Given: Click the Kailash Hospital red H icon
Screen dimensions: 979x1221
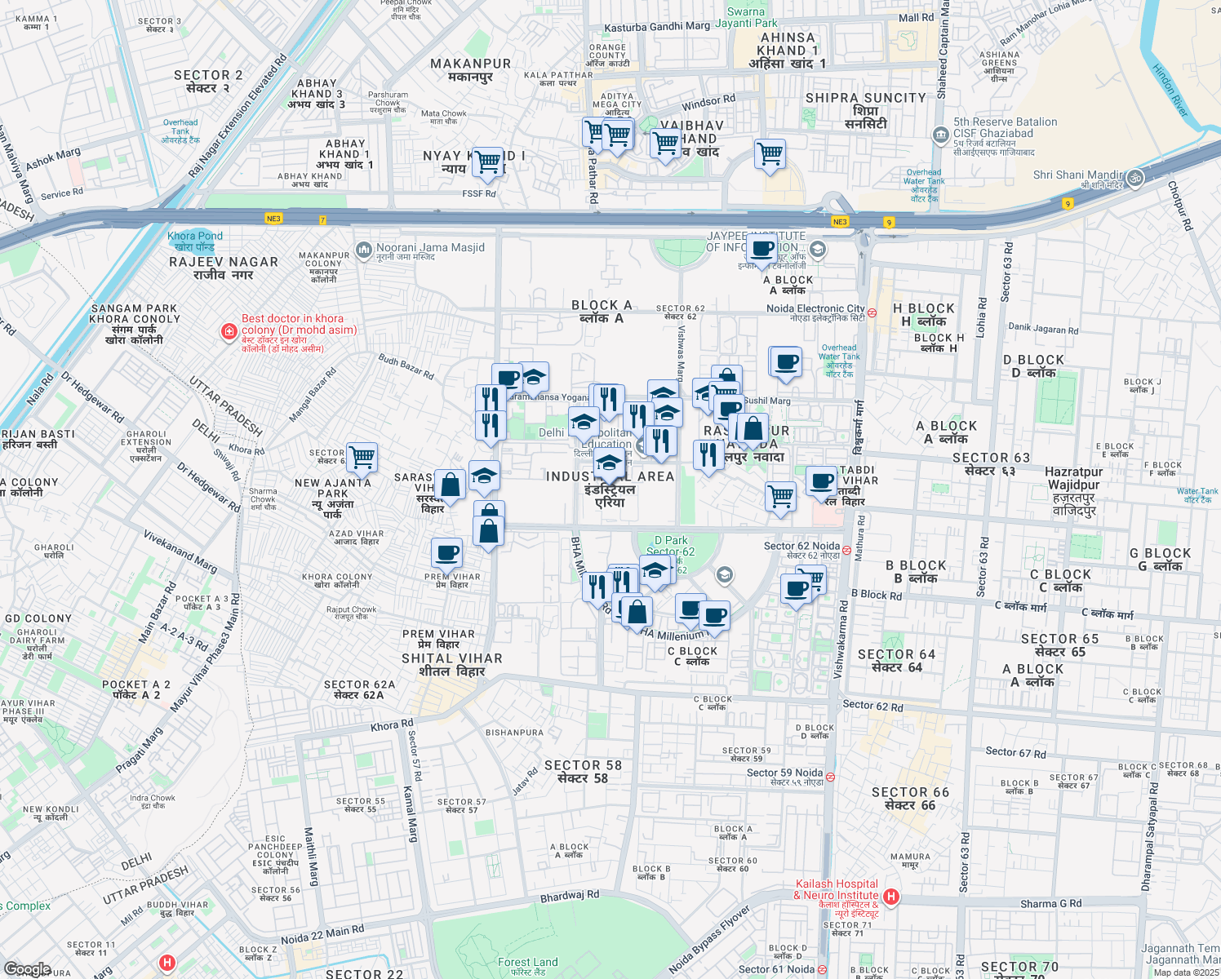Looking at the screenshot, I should point(891,897).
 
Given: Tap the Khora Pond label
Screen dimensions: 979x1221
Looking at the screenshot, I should point(194,241).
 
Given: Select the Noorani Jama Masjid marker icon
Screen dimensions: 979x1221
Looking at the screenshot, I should point(363,249).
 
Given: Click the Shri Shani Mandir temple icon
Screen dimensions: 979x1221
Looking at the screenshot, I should point(1134,178).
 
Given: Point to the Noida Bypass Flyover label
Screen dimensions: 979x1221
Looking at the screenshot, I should point(708,940).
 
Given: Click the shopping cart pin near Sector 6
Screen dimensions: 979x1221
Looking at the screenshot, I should point(362,457).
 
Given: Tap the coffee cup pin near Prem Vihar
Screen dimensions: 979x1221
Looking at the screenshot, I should point(447,553).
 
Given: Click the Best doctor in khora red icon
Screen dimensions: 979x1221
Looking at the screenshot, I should point(229,331).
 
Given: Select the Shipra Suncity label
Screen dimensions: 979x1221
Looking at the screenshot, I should point(865,110).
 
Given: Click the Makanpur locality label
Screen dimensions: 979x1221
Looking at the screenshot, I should point(470,70).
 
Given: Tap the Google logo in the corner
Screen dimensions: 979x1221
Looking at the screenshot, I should point(27,969).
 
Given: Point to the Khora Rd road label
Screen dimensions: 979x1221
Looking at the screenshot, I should point(392,725).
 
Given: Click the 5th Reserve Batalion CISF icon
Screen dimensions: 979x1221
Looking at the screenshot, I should point(941,134).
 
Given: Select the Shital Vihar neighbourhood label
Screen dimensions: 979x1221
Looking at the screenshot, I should point(451,665).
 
